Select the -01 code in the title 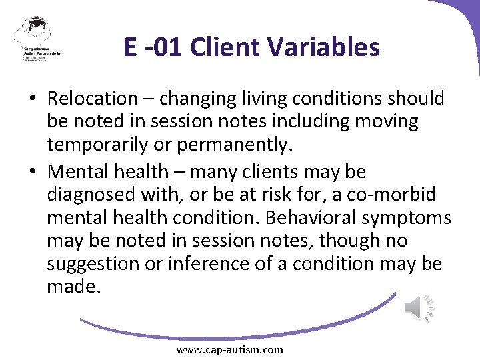[x=163, y=47]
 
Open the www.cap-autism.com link [x=229, y=350]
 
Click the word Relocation [x=91, y=99]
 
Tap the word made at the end [x=71, y=286]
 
